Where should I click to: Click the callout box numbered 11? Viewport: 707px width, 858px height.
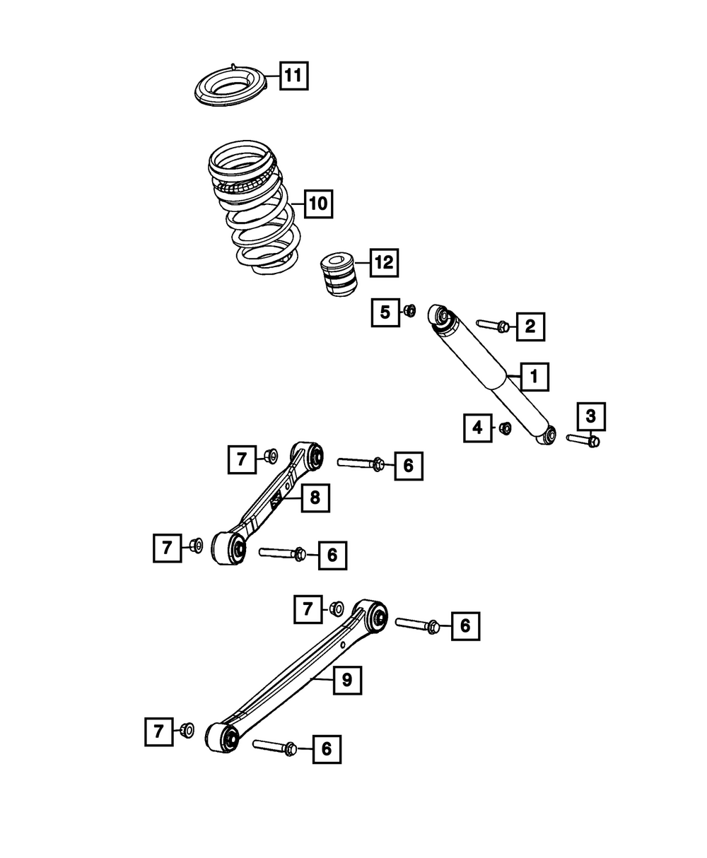(x=293, y=75)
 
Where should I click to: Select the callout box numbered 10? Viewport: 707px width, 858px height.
(x=318, y=204)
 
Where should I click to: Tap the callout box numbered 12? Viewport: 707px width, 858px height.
(x=383, y=264)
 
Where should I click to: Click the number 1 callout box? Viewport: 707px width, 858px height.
(x=534, y=377)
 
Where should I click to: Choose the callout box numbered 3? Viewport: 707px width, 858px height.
(x=591, y=416)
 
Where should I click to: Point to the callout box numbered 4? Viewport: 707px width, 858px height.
(x=478, y=427)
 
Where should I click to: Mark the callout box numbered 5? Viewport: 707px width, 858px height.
(x=385, y=312)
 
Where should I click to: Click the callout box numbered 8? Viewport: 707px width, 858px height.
(x=315, y=498)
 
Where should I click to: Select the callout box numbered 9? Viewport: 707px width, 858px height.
(x=346, y=680)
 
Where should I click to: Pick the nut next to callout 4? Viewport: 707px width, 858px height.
(x=506, y=428)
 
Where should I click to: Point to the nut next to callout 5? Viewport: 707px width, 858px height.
(x=410, y=310)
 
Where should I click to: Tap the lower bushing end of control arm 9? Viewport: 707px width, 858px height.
(x=223, y=738)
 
